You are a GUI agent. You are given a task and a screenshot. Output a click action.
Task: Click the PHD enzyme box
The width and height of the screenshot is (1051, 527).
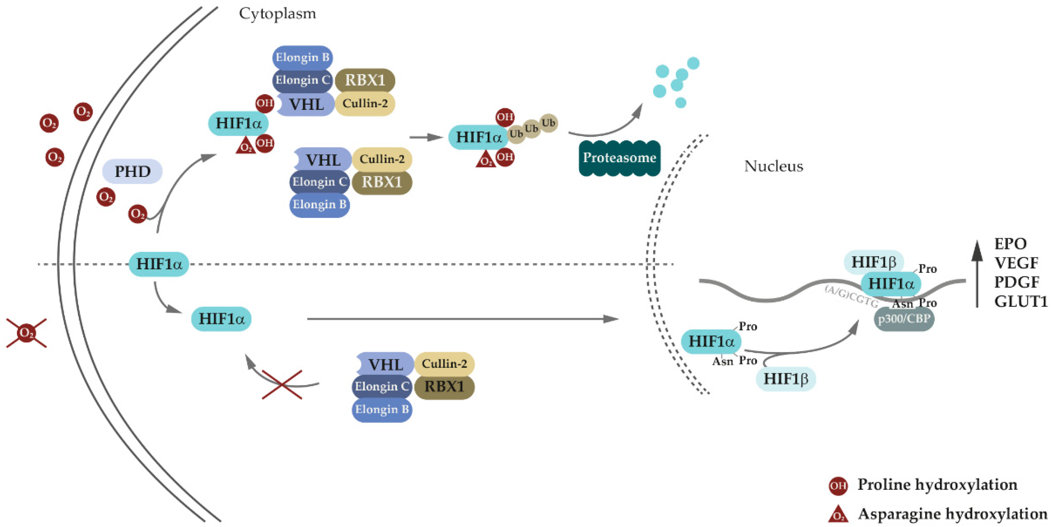coord(132,172)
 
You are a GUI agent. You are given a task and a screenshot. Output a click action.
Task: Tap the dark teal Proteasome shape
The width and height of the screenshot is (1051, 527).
coord(619,158)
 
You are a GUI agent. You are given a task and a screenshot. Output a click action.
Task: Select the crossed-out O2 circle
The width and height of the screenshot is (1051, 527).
coord(27,333)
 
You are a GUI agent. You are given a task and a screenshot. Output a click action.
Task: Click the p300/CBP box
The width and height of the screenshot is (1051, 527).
coord(904,319)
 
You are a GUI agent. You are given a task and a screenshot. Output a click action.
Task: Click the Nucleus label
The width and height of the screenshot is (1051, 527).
coord(773,166)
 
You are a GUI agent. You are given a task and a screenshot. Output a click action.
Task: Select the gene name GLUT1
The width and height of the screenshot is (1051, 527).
coord(1020,302)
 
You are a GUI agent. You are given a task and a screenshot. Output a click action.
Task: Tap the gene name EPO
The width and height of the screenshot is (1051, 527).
coord(1010,244)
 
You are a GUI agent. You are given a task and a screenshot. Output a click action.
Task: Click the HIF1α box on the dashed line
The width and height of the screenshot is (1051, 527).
coord(159,264)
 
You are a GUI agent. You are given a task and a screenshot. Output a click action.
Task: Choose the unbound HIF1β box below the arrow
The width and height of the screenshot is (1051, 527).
coord(785,378)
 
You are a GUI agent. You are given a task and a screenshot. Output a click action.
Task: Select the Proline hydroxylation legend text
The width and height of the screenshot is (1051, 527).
coord(937,485)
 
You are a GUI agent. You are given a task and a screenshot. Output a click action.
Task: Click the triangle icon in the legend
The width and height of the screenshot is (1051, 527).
coord(838,514)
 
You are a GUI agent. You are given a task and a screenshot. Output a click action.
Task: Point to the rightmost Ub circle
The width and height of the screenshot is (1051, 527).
coord(548,123)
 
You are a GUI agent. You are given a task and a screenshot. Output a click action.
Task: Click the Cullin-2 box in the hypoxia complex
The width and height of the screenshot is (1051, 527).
coord(444,363)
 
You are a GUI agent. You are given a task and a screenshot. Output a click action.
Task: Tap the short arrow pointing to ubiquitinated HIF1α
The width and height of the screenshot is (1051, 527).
coord(426,137)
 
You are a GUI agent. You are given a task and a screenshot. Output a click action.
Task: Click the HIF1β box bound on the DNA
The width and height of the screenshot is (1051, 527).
coord(873,262)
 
